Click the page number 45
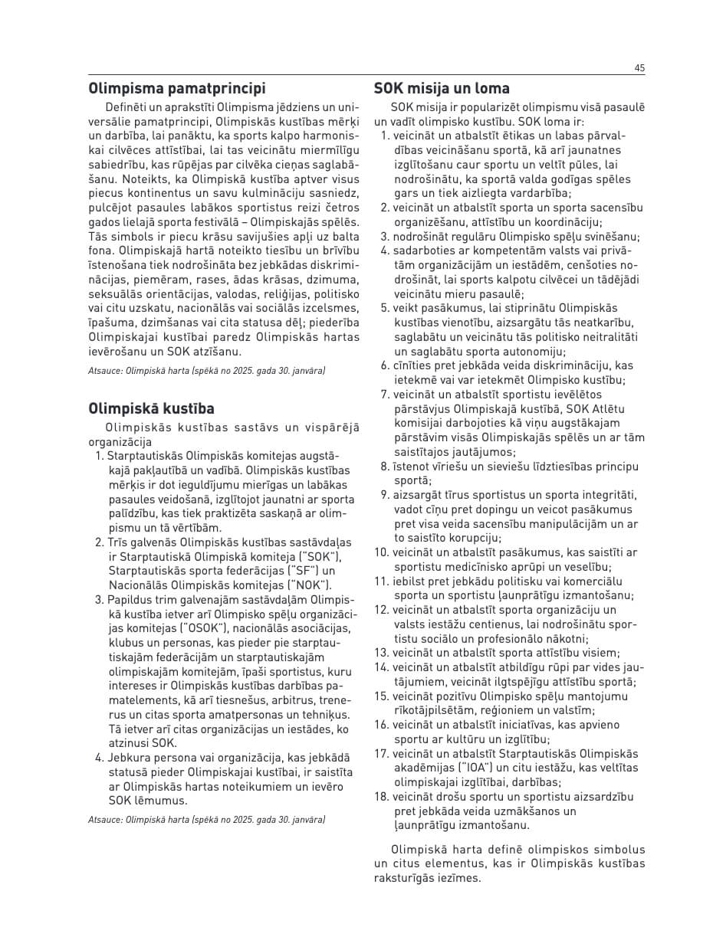tap(639, 68)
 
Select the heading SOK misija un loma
tap(442, 88)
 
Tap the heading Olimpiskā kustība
tap(151, 408)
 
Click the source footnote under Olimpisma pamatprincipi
tap(206, 371)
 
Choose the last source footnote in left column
tap(206, 820)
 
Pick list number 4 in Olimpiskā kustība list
tap(99, 758)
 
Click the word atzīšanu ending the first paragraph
tap(218, 352)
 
